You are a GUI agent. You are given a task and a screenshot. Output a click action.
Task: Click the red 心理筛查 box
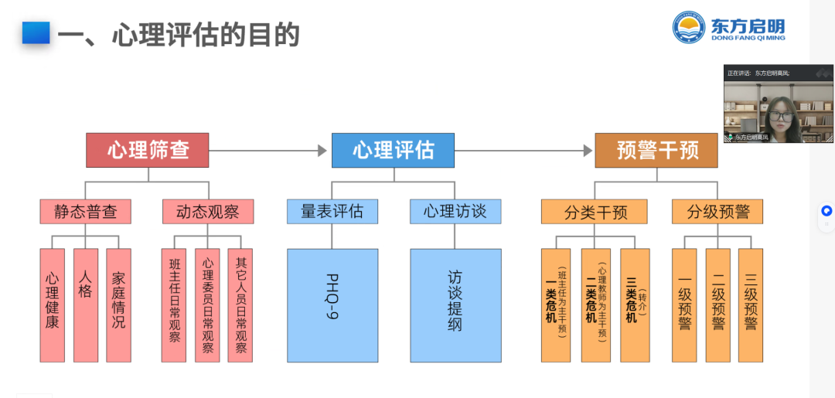click(x=147, y=150)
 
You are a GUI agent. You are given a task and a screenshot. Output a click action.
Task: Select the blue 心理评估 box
click(x=393, y=150)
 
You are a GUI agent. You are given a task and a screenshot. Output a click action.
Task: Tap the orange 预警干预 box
click(x=656, y=150)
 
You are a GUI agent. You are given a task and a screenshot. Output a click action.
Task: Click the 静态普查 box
click(x=85, y=212)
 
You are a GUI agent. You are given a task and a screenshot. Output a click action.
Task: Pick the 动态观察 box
click(x=207, y=212)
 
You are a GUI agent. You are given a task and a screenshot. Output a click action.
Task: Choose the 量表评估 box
click(x=332, y=211)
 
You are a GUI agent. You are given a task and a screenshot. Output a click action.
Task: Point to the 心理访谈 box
click(x=455, y=211)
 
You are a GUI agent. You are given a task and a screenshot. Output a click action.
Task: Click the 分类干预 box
click(x=595, y=212)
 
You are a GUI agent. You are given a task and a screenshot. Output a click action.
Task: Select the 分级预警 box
click(x=717, y=212)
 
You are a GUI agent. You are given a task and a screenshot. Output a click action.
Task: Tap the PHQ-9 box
click(x=332, y=305)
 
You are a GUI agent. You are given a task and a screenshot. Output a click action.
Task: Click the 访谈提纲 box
click(x=455, y=305)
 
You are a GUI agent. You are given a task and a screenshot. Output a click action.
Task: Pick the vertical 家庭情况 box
click(x=118, y=305)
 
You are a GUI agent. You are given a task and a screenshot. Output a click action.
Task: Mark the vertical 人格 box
click(x=86, y=305)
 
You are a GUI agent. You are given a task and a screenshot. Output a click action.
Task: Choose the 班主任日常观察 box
click(x=174, y=305)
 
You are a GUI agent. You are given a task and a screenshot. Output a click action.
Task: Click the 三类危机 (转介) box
click(x=635, y=305)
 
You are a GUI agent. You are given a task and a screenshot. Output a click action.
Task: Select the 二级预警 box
click(x=718, y=305)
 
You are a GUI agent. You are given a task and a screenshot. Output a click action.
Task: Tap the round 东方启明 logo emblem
click(x=689, y=27)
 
